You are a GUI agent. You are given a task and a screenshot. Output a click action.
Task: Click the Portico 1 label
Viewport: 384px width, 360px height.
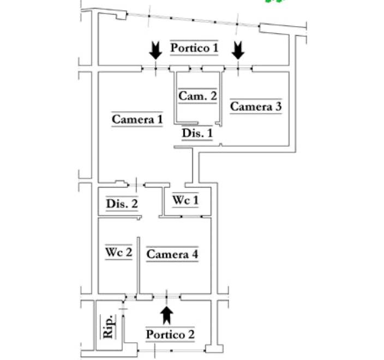(x=194, y=48)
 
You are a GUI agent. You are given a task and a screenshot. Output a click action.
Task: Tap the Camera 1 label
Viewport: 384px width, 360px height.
(x=137, y=119)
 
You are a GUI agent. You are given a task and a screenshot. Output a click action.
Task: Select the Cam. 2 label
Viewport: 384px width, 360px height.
(x=197, y=96)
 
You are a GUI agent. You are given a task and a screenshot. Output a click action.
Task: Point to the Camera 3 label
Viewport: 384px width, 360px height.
(x=255, y=106)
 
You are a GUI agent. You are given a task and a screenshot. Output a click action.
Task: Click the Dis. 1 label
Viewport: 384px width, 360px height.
(x=197, y=133)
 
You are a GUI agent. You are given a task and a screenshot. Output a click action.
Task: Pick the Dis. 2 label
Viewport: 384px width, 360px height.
(x=122, y=205)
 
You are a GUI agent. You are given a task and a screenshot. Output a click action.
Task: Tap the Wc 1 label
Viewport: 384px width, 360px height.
(x=185, y=201)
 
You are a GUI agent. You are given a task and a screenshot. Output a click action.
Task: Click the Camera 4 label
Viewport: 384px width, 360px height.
(x=172, y=254)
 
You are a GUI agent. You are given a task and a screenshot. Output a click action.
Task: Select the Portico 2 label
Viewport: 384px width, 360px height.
(x=170, y=334)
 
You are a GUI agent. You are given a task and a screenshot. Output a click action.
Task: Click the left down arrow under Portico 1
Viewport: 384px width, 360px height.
(x=156, y=51)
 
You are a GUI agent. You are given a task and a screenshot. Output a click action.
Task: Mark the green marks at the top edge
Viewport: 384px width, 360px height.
(x=276, y=2)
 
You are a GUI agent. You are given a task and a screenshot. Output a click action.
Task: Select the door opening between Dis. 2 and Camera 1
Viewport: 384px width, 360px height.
(x=135, y=184)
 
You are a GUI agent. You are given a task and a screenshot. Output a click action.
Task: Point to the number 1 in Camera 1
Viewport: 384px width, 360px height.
(x=160, y=119)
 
